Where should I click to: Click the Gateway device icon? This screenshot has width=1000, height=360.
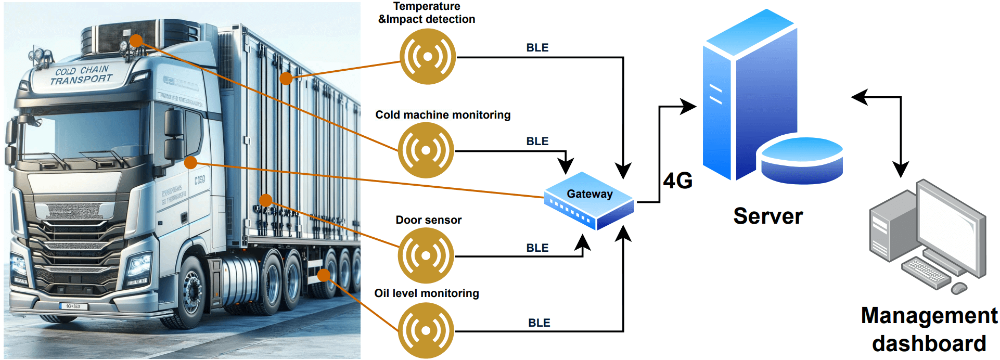589,201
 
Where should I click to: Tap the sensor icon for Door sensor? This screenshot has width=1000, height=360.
426,255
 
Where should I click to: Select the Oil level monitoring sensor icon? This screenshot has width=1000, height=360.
426,330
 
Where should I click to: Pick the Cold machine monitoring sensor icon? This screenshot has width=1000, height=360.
426,150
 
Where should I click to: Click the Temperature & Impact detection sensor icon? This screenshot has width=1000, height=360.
427,56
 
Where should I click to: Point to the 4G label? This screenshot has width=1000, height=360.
677,181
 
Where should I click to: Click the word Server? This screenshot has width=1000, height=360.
767,216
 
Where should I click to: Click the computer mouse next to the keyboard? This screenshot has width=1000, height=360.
959,288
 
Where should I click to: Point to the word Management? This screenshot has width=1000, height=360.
929,316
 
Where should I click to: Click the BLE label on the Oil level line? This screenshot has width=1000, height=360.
539,323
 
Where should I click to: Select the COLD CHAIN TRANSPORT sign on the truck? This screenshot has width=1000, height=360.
81,75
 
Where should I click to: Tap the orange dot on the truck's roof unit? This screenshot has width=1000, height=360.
136,41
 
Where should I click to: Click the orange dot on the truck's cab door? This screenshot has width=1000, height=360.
190,163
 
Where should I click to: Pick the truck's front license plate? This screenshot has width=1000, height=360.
73,306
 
